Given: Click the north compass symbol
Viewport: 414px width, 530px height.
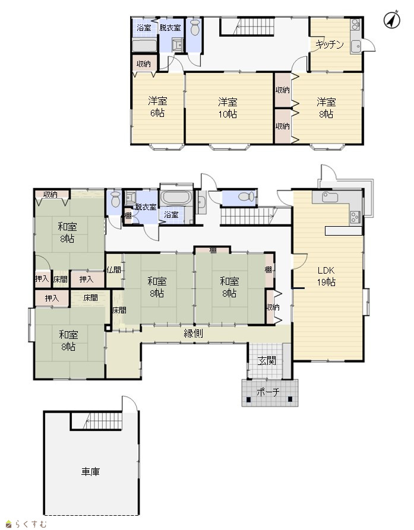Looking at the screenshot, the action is (x=392, y=20).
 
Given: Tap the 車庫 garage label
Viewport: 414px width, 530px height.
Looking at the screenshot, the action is (x=90, y=471).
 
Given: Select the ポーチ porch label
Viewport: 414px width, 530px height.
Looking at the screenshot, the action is (x=268, y=392).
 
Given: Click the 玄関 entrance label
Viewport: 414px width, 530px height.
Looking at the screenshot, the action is (x=267, y=361).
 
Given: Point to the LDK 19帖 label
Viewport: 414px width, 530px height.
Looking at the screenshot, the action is (x=326, y=276).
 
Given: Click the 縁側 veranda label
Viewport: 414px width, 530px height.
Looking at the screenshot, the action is (x=194, y=334).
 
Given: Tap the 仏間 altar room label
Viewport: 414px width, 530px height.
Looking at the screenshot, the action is (x=114, y=269).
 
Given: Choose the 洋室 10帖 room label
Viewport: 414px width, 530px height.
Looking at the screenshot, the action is (x=227, y=108).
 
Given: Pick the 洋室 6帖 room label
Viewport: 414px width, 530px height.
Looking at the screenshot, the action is (x=157, y=107).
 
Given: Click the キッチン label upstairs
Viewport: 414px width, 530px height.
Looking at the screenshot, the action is (x=330, y=45).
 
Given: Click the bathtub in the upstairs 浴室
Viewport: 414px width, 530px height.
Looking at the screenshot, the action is (x=144, y=46).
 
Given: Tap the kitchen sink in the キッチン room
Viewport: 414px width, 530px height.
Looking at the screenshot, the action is (x=356, y=47).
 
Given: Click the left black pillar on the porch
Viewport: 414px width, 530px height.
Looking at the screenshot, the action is (x=249, y=399).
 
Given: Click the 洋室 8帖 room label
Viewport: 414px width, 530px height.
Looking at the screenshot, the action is (x=326, y=108).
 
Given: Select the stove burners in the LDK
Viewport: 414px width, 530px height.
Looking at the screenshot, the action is (x=355, y=217).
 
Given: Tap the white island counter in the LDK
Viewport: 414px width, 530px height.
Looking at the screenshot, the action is (x=343, y=231).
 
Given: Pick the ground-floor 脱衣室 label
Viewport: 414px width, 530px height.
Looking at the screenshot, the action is (x=146, y=207).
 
